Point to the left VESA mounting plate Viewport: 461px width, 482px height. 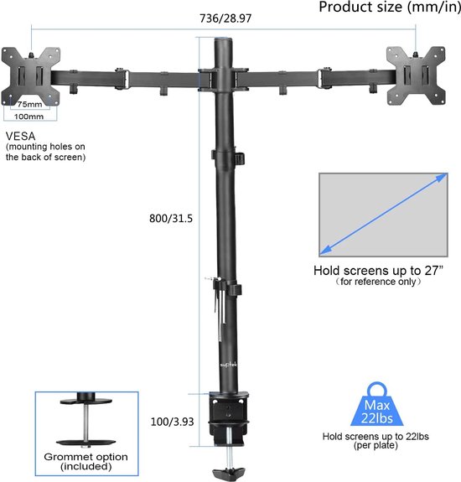[x=31, y=76]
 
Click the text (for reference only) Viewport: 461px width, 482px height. [x=379, y=282]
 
